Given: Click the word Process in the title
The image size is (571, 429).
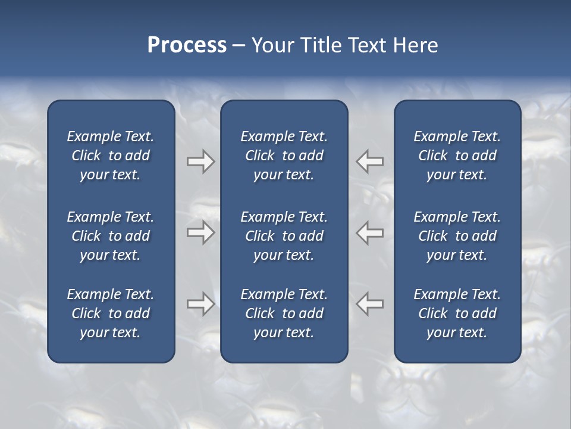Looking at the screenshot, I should tap(187, 45).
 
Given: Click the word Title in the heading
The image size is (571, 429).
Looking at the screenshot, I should tap(321, 45).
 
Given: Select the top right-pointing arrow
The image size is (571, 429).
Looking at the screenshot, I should tap(200, 161).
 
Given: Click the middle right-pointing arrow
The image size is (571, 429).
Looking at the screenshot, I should tap(200, 232).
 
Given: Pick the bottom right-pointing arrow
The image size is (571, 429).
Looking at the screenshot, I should tap(200, 304).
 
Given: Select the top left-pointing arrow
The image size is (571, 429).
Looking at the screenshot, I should tap(370, 161).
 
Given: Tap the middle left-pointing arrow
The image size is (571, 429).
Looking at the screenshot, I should tap(370, 232).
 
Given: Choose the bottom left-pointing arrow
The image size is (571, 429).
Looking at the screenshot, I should tap(370, 304).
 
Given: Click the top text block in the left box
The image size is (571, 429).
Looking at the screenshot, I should tap(111, 156).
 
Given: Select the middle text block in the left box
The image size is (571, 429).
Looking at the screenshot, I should tap(111, 236).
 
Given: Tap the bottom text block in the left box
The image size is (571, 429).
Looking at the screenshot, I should tap(111, 313).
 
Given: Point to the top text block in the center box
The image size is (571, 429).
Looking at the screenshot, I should tap(284, 156).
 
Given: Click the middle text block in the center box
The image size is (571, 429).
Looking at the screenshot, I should tap(284, 236).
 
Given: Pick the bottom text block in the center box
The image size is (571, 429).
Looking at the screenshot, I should tap(284, 313).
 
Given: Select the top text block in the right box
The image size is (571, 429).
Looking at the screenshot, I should tap(457, 156).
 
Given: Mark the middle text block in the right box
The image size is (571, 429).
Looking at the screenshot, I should tap(457, 236).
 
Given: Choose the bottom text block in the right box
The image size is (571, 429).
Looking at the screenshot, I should tap(457, 313).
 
